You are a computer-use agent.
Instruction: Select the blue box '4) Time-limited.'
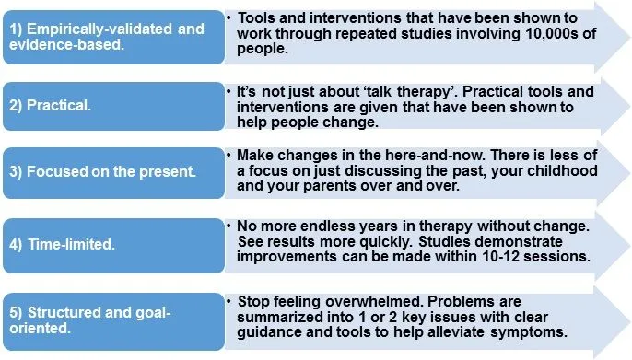[112, 246]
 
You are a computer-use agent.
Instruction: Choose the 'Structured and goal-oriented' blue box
[112, 316]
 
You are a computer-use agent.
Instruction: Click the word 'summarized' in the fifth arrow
[285, 317]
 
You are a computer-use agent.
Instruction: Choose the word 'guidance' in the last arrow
[273, 332]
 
